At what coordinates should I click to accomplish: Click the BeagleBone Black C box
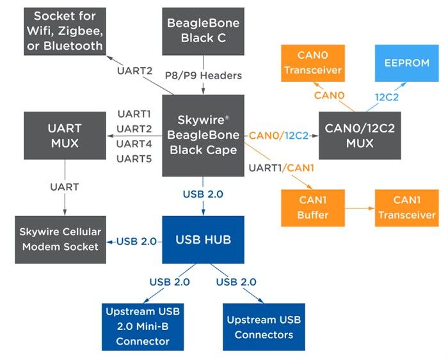203,30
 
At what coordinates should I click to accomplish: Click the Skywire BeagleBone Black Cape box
204,136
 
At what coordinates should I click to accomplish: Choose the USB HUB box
204,240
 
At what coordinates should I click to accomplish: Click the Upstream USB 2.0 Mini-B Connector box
142,326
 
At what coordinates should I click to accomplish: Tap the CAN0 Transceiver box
313,63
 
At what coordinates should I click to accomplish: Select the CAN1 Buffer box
313,208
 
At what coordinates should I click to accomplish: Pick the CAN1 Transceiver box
406,208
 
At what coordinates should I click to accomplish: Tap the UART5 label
134,158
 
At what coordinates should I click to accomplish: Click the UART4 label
134,143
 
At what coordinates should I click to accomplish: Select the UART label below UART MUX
64,187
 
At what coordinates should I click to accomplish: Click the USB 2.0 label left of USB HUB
135,241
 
